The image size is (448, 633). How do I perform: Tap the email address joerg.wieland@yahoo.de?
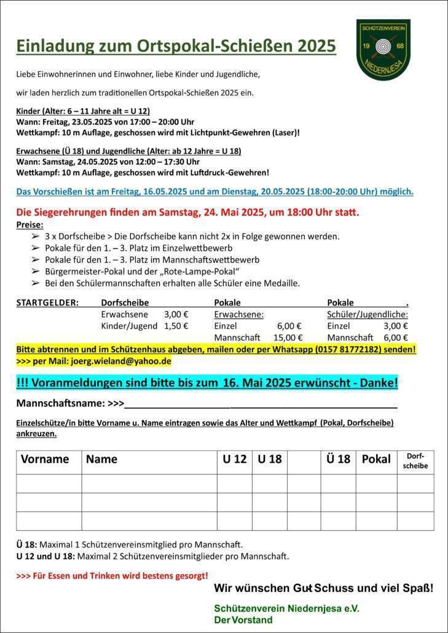120,361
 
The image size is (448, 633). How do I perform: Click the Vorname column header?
45,459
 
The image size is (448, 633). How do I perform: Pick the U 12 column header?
234,459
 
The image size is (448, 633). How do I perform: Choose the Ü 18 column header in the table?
338,459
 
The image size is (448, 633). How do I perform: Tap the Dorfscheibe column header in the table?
415,461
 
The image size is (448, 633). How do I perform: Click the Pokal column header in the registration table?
376,459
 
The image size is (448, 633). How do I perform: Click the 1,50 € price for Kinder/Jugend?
176,326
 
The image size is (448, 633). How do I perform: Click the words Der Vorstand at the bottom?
243,619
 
